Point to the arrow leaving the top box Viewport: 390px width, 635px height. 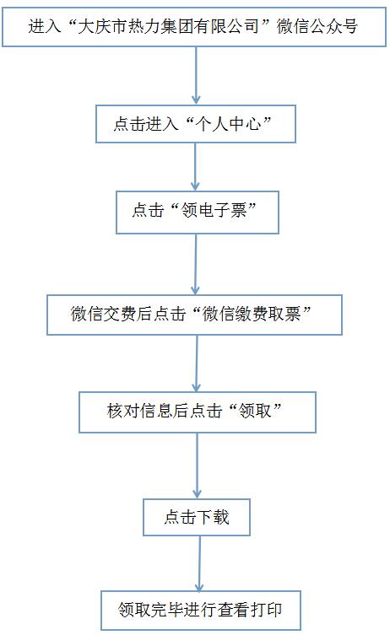pos(196,76)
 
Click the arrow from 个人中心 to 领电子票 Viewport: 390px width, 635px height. pos(195,167)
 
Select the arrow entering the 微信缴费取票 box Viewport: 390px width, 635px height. pos(196,264)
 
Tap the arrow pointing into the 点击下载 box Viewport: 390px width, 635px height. pos(197,465)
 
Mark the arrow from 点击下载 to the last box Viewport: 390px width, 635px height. pos(199,563)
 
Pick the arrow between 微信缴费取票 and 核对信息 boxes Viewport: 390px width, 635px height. pos(197,363)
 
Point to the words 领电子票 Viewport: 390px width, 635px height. pos(214,211)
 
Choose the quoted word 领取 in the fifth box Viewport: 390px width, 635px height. pos(255,411)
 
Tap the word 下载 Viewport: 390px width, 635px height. pos(214,517)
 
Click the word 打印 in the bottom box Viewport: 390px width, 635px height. pos(266,610)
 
